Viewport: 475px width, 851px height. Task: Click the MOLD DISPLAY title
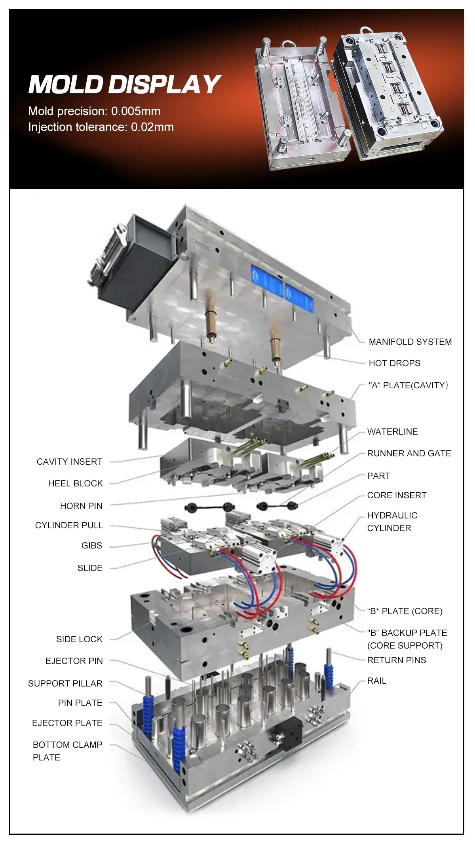[x=124, y=84]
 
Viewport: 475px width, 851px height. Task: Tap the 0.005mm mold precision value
[x=136, y=111]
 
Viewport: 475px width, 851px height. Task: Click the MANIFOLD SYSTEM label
[x=410, y=342]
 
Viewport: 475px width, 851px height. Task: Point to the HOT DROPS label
[x=394, y=363]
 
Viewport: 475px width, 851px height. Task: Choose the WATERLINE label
[x=392, y=431]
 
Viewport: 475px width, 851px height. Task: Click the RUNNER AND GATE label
[x=409, y=453]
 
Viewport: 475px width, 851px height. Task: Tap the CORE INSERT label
[x=397, y=495]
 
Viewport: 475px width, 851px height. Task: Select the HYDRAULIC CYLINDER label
[x=391, y=522]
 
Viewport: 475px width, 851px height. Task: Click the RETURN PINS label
[x=396, y=660]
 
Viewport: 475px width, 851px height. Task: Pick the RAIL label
[x=376, y=681]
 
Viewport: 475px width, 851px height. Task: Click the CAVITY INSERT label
[x=69, y=461]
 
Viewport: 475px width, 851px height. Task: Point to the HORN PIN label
[x=81, y=506]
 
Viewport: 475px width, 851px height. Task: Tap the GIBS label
[x=91, y=545]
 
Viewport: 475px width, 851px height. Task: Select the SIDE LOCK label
[x=79, y=639]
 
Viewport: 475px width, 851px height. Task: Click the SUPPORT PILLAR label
[x=65, y=683]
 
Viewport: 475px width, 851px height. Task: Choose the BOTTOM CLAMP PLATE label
[x=67, y=751]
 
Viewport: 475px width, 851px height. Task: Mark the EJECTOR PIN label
[x=74, y=661]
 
